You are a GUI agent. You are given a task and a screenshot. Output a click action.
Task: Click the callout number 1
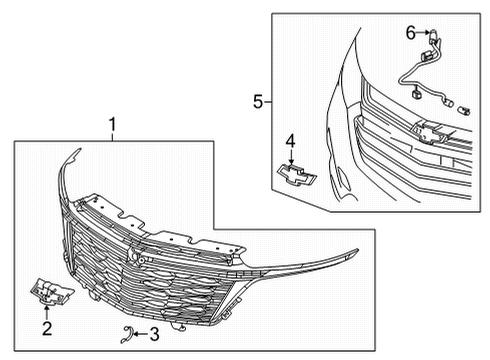pyautogui.click(x=113, y=125)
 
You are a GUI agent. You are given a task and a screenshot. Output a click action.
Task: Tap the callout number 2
pyautogui.click(x=46, y=328)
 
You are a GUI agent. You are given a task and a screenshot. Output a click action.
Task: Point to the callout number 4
pyautogui.click(x=290, y=139)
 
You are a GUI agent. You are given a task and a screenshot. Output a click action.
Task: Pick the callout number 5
pyautogui.click(x=257, y=101)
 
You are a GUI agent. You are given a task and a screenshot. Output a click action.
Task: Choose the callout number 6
pyautogui.click(x=409, y=33)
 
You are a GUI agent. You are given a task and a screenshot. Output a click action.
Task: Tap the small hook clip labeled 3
pyautogui.click(x=125, y=333)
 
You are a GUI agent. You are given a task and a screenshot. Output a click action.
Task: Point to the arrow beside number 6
pyautogui.click(x=421, y=33)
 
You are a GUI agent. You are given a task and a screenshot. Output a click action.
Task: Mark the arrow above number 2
pyautogui.click(x=46, y=311)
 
